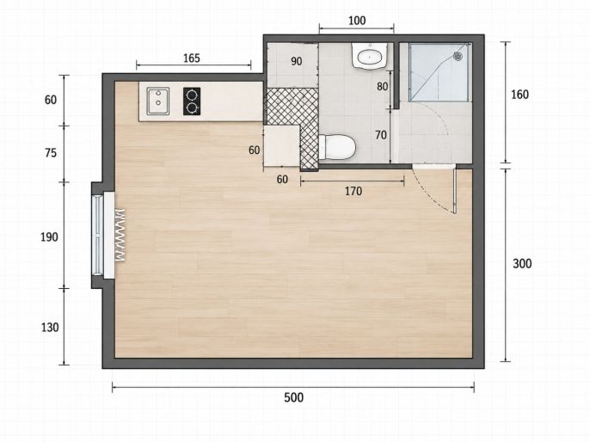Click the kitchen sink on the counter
157,101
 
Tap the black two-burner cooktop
192,101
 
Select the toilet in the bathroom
337,147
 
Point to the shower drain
458,56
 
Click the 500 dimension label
293,397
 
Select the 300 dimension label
522,264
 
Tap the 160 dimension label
519,95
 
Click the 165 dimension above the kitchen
192,58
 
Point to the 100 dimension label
357,21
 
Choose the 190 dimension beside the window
49,237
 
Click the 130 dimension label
50,328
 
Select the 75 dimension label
51,153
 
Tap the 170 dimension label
353,191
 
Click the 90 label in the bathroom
297,61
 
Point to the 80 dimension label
382,87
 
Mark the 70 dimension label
381,135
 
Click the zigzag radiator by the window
120,235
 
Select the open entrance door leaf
455,190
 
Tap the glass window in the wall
97,235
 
